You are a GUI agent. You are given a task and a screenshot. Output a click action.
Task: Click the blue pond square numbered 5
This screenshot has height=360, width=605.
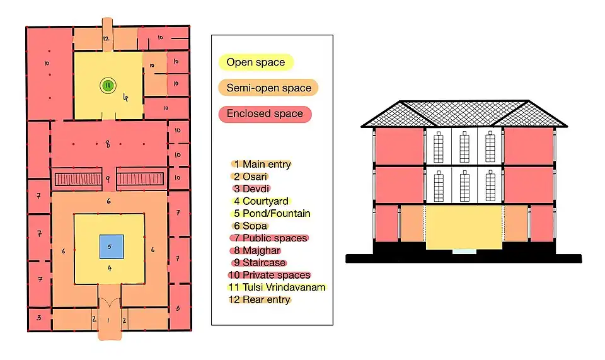pyautogui.click(x=110, y=247)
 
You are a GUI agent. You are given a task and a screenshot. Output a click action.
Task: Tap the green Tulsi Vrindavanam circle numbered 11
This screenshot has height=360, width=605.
pyautogui.click(x=108, y=85)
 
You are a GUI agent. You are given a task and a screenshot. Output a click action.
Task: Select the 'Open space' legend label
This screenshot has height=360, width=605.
pyautogui.click(x=256, y=62)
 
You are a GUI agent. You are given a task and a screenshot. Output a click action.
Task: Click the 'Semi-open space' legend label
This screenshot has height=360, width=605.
pyautogui.click(x=268, y=88)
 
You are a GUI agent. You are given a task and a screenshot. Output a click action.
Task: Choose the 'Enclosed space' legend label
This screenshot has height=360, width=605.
pyautogui.click(x=265, y=114)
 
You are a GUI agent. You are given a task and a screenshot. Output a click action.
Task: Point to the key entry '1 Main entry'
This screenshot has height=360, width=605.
pyautogui.click(x=262, y=165)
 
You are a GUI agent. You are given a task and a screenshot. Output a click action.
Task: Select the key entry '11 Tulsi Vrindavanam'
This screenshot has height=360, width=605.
pyautogui.click(x=277, y=287)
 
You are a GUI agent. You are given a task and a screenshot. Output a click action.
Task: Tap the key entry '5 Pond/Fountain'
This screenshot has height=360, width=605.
pyautogui.click(x=271, y=214)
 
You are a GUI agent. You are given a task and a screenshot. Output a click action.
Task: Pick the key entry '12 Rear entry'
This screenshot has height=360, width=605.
pyautogui.click(x=262, y=299)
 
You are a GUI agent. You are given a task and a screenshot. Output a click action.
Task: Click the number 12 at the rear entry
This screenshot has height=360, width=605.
pyautogui.click(x=106, y=39)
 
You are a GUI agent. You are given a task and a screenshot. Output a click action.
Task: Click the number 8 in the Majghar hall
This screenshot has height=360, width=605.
pyautogui.click(x=108, y=144)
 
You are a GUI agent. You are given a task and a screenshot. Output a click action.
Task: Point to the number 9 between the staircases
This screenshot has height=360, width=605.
pyautogui.click(x=108, y=179)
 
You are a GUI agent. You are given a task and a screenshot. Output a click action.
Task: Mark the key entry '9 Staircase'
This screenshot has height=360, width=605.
pyautogui.click(x=259, y=263)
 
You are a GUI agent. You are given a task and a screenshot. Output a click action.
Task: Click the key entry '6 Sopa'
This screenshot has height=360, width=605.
pyautogui.click(x=251, y=226)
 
